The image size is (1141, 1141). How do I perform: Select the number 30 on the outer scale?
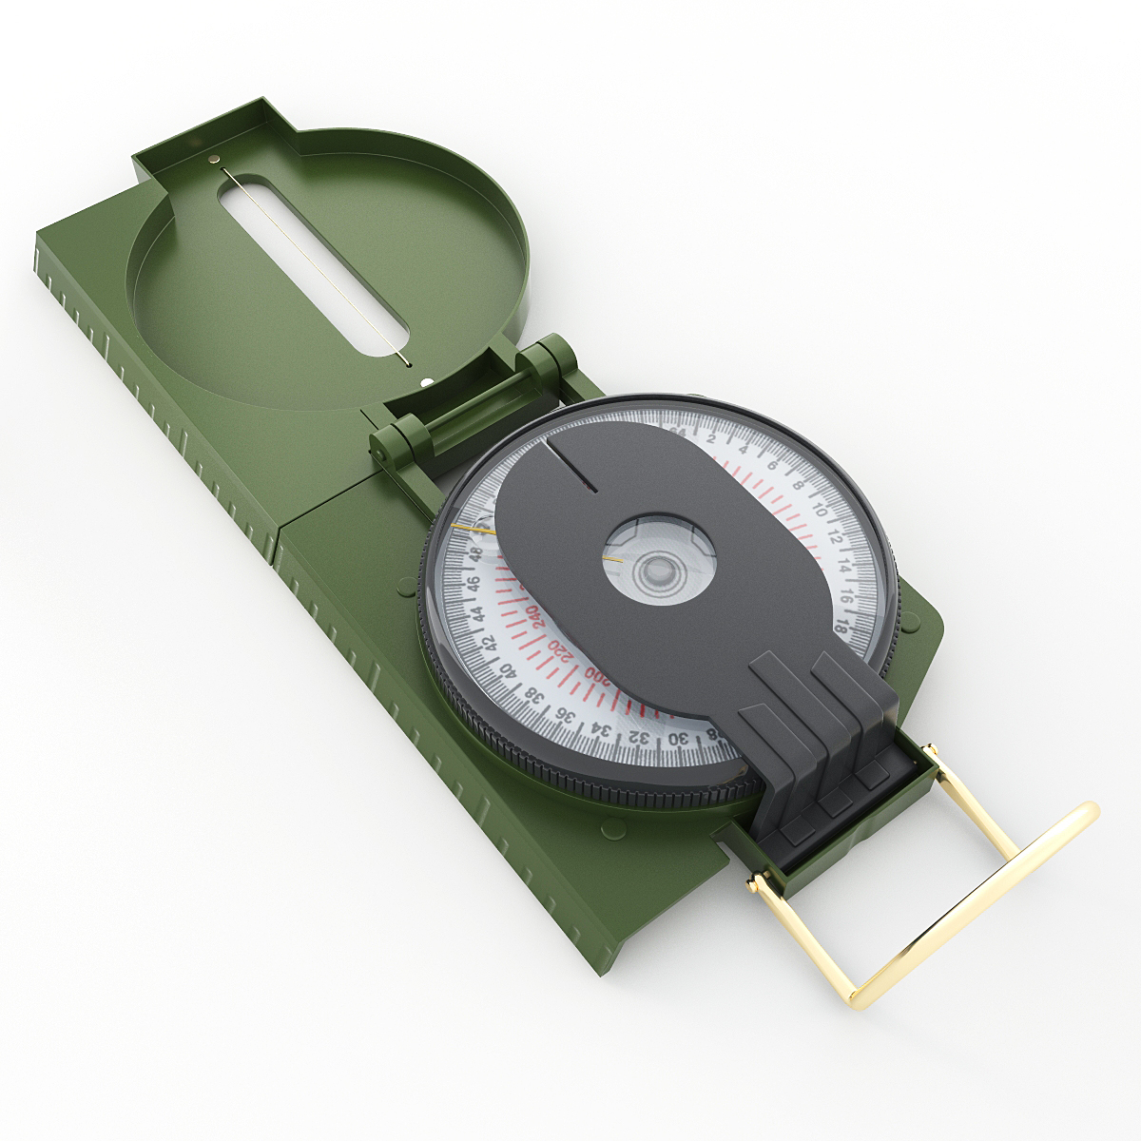677,739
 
